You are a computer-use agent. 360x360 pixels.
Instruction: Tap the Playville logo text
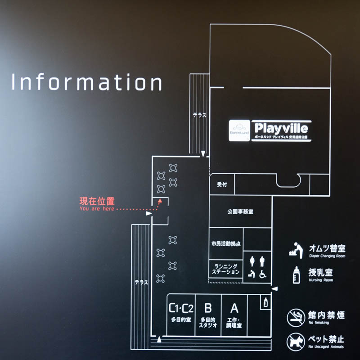pyautogui.click(x=279, y=127)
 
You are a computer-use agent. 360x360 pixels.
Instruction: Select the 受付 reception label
pyautogui.click(x=222, y=184)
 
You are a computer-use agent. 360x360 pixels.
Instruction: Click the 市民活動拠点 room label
pyautogui.click(x=225, y=243)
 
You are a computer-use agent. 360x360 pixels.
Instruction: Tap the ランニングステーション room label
pyautogui.click(x=225, y=268)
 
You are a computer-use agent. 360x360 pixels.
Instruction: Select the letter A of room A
pyautogui.click(x=234, y=309)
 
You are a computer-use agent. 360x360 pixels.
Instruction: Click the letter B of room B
pyautogui.click(x=208, y=309)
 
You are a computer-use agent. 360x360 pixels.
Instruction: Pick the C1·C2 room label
pyautogui.click(x=181, y=309)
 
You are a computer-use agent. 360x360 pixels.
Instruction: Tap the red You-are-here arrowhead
pyautogui.click(x=159, y=203)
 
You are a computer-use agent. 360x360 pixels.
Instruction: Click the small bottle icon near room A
pyautogui.click(x=265, y=302)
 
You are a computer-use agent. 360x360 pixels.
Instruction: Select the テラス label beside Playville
pyautogui.click(x=199, y=115)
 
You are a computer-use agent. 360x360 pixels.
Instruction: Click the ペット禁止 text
pyautogui.click(x=326, y=339)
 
